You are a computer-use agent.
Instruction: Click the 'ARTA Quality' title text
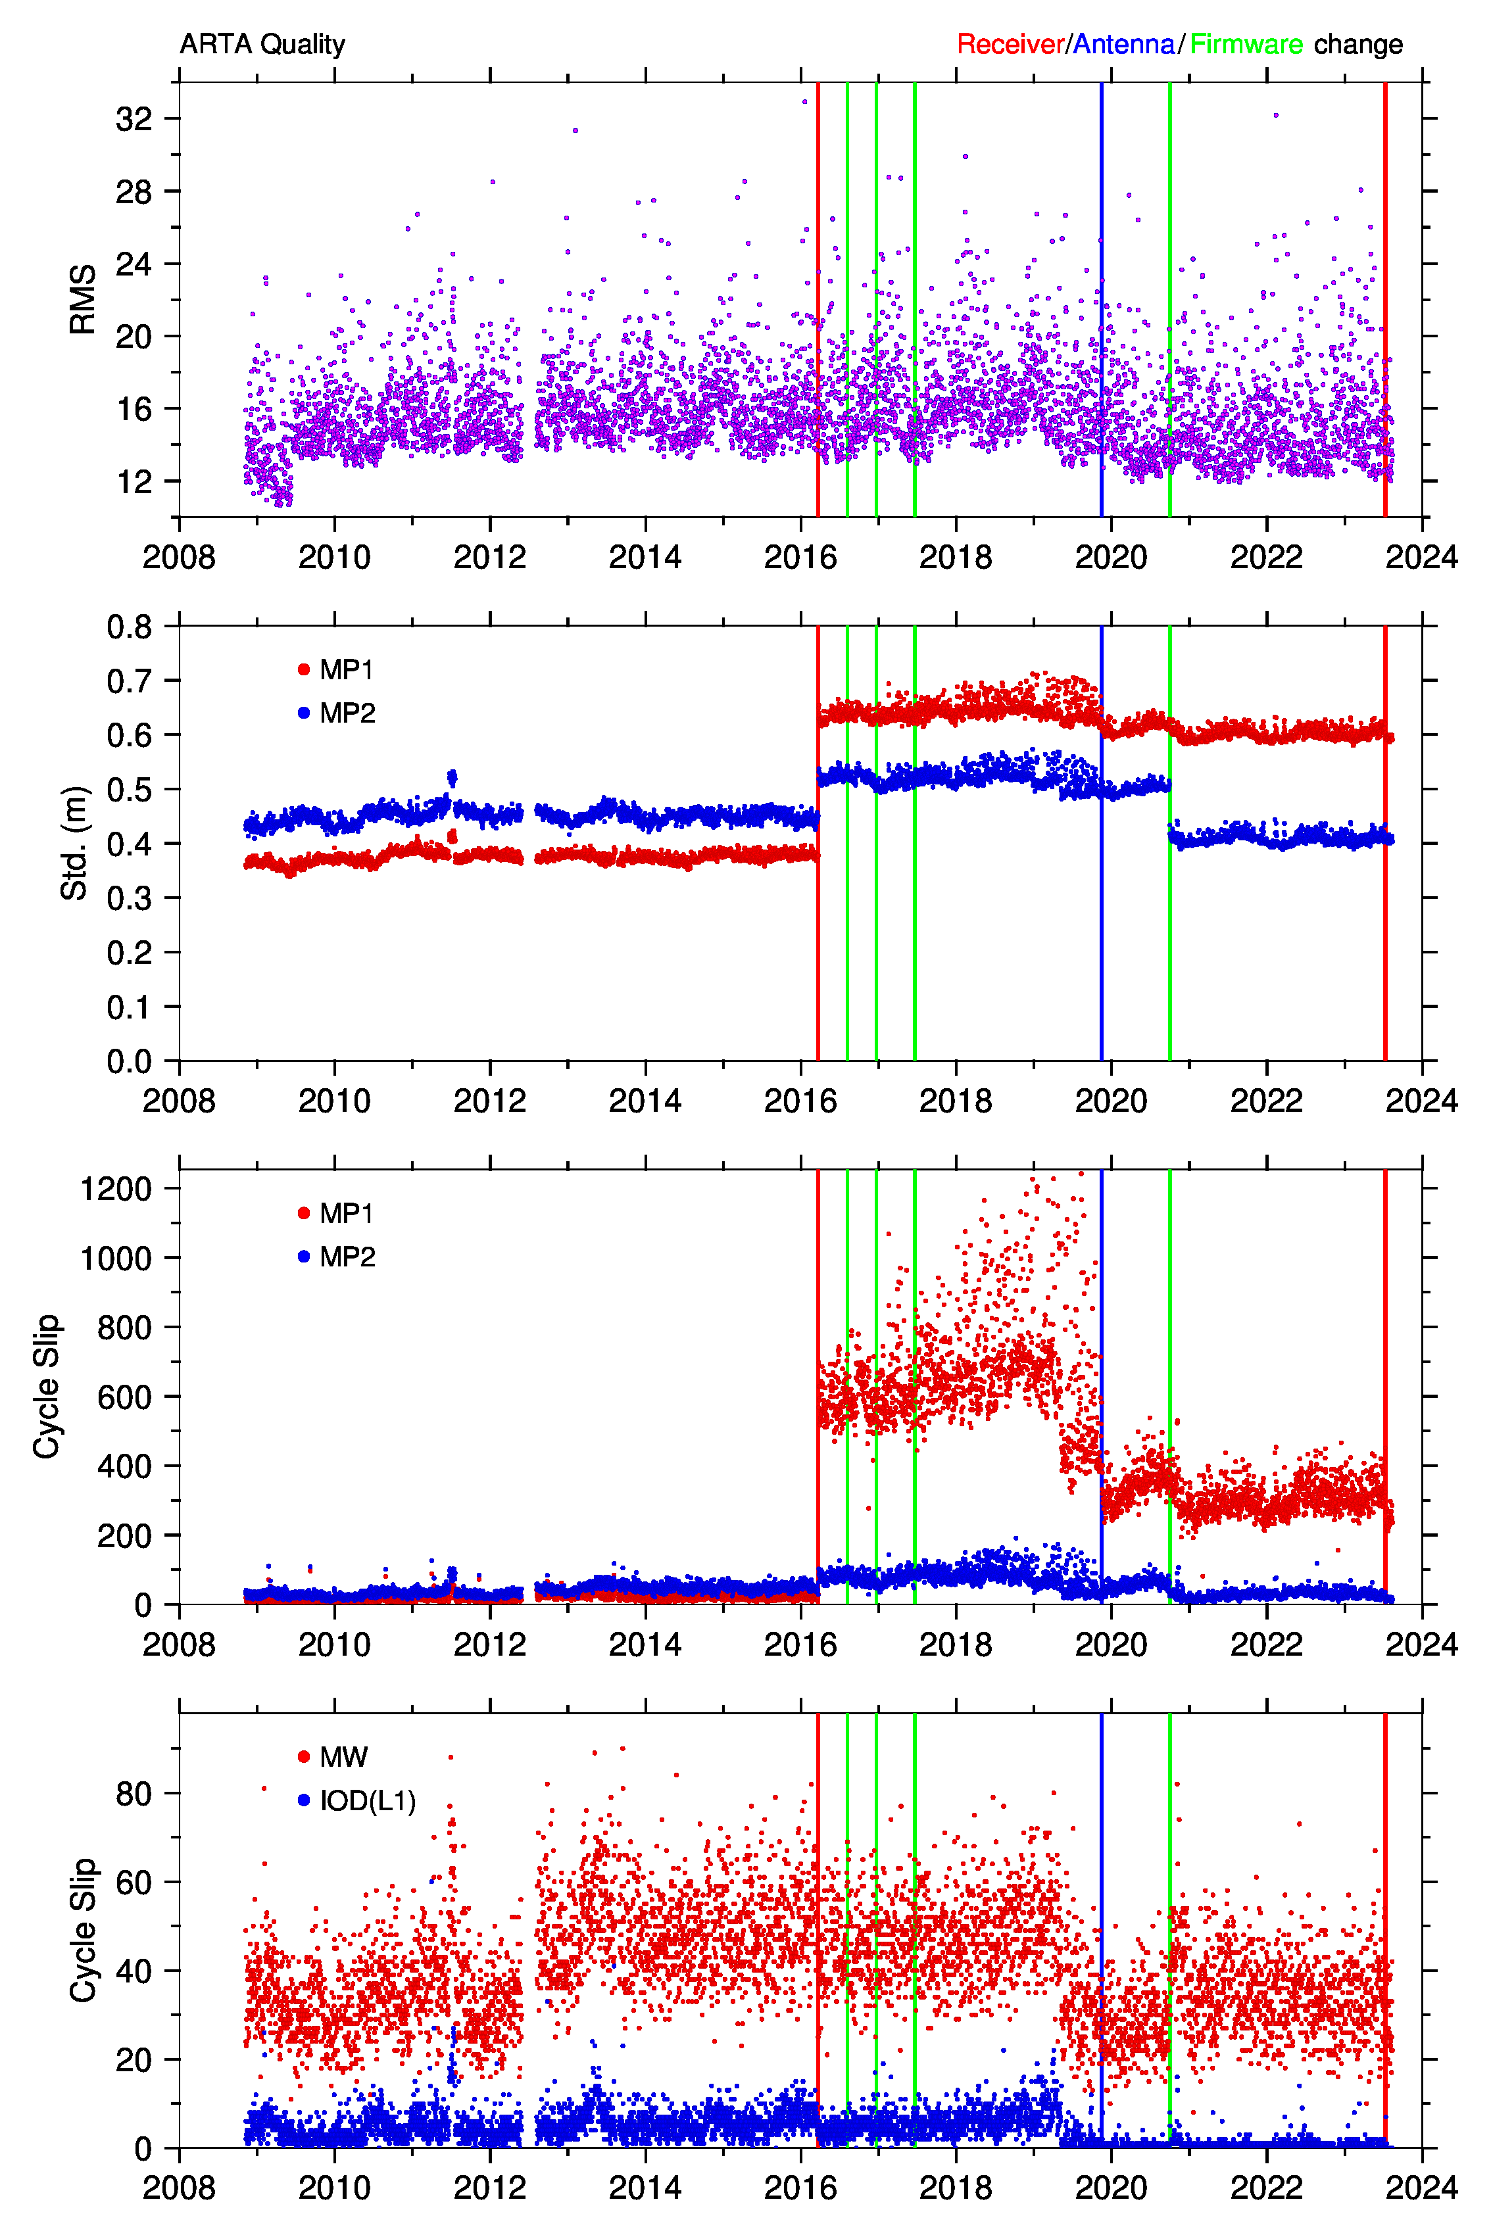tap(262, 45)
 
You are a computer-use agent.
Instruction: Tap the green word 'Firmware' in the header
tap(1246, 45)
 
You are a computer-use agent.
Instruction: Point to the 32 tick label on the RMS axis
tap(134, 119)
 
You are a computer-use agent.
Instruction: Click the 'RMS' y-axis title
tap(83, 299)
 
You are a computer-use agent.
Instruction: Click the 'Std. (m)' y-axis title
tap(74, 842)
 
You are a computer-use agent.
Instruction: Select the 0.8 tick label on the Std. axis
tap(130, 627)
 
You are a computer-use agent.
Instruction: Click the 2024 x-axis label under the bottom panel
tap(1421, 2188)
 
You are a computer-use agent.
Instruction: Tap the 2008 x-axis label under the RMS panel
tap(179, 557)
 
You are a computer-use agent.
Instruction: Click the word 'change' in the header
tap(1358, 45)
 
